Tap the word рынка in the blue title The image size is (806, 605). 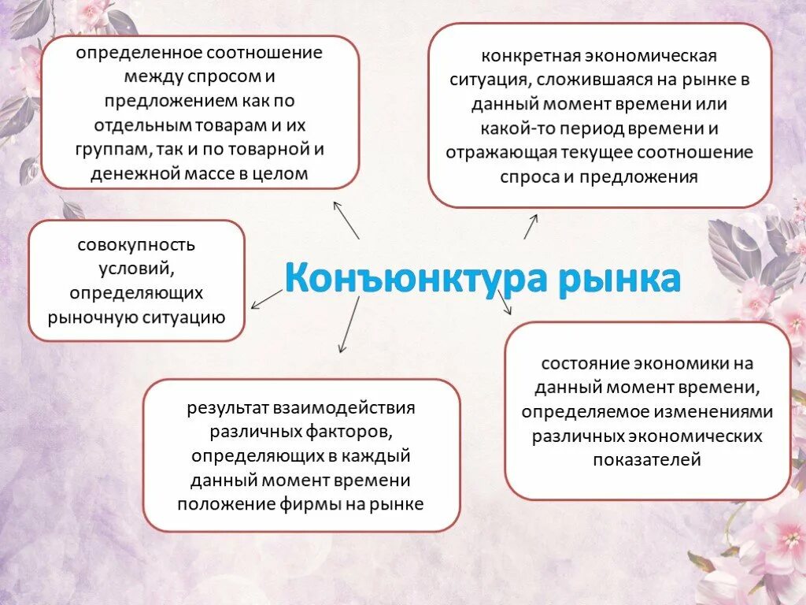point(619,280)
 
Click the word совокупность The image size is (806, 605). point(136,245)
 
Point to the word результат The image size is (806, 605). point(227,408)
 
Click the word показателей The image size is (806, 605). point(647,459)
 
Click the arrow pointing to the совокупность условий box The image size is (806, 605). point(265,298)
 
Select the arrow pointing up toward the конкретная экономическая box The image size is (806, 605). point(531,226)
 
